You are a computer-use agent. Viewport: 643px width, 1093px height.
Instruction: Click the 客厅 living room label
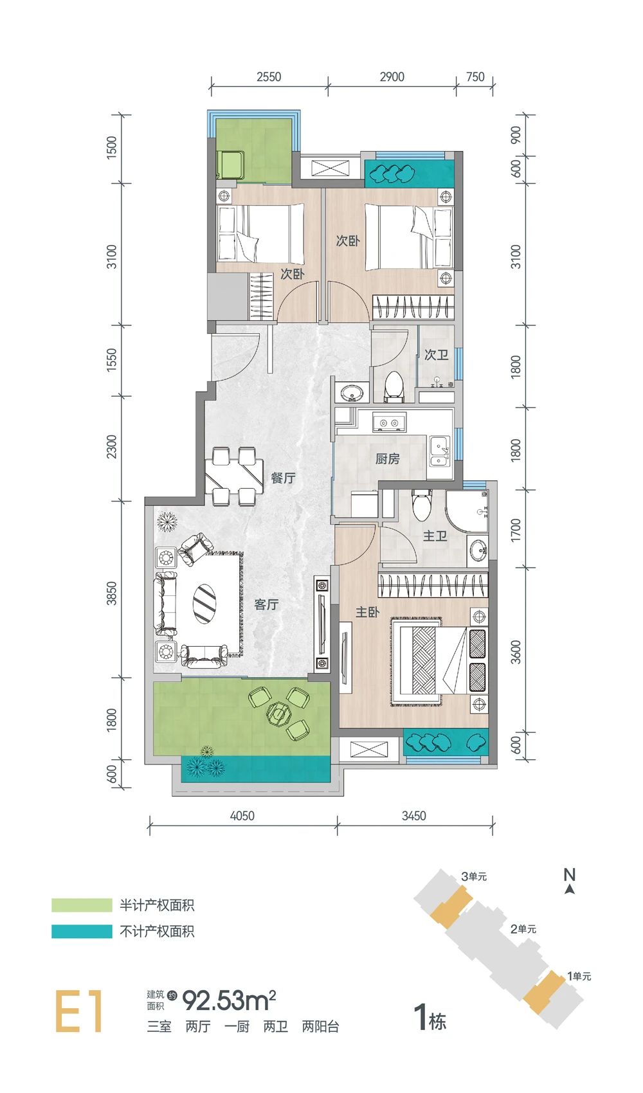[266, 604]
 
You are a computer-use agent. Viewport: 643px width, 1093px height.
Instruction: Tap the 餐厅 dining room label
[283, 478]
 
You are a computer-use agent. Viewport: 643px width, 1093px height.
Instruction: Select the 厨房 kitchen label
[387, 458]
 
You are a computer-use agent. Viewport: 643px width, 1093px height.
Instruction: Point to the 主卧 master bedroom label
[367, 612]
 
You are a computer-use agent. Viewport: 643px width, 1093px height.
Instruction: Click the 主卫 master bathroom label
[435, 536]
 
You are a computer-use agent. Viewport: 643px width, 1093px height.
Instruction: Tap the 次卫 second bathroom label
[436, 355]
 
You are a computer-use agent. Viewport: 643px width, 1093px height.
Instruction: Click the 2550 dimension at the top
[269, 77]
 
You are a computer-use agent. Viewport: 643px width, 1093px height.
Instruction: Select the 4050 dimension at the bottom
[242, 816]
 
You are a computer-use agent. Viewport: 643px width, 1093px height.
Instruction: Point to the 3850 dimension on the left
[112, 593]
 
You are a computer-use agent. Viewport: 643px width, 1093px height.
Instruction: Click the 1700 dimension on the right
[516, 529]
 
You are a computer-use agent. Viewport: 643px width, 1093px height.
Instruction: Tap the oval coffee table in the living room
[205, 603]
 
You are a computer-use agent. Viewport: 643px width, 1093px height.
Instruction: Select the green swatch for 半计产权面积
[82, 905]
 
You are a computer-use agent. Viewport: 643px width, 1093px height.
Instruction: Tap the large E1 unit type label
[79, 1011]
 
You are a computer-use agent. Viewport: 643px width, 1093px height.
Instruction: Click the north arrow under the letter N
[569, 889]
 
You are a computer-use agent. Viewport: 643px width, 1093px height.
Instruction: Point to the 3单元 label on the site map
[474, 876]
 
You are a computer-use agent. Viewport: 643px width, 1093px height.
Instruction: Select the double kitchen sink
[439, 453]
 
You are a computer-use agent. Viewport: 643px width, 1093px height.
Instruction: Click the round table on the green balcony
[278, 714]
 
